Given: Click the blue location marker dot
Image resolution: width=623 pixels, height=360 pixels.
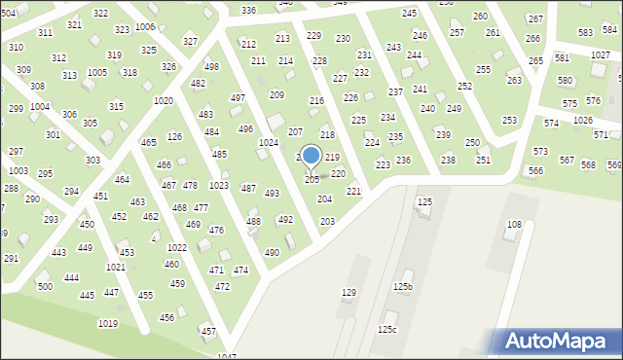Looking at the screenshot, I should coord(311,156).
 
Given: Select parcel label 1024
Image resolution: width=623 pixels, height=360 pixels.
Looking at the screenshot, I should coord(269,142).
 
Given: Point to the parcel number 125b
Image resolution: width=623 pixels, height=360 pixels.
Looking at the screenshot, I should coord(403,287).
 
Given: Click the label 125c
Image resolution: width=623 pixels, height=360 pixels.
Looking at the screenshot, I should coord(387,330).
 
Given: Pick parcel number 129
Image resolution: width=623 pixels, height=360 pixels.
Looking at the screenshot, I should coord(348,293).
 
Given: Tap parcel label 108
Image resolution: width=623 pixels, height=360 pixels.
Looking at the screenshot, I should coord(514,225).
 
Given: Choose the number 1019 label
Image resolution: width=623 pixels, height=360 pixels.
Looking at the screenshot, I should coord(108,323).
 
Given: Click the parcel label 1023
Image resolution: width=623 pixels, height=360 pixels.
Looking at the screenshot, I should coord(219,185).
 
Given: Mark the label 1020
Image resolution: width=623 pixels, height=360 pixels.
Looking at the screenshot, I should coord(164,101).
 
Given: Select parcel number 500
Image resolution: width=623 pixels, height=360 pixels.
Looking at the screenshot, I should coord(45,286).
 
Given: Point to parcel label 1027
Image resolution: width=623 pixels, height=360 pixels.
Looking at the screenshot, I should coord(601,55).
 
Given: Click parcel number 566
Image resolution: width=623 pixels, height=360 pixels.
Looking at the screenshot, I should coord(535,171).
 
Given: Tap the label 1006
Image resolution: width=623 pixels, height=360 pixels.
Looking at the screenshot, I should coord(145,26).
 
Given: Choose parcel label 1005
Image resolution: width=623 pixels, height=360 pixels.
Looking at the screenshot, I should coord(97,73).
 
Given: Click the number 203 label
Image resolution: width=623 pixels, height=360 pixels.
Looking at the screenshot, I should coord(327,222).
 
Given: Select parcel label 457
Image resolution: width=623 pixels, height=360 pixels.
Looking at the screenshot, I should coord(208,332).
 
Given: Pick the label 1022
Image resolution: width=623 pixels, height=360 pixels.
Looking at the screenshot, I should coord(176,248).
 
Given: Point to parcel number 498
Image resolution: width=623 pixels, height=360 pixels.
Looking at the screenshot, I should coord(211,67).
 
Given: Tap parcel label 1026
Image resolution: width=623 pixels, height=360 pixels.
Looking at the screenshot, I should coord(582,120).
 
